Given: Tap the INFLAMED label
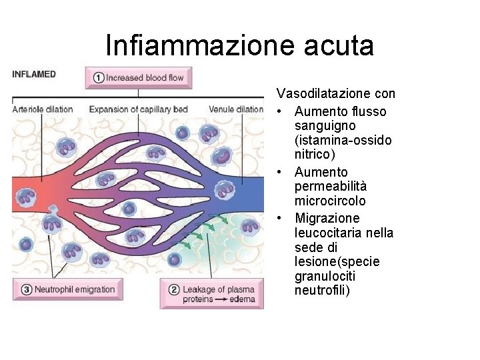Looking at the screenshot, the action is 34,74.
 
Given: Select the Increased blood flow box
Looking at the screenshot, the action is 139,77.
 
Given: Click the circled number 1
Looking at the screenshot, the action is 97,77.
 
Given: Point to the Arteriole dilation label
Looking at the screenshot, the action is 43,109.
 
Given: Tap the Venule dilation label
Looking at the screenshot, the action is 236,109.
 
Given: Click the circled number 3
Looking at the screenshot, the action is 26,289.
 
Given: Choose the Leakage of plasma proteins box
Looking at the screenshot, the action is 211,294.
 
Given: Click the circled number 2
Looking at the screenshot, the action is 173,289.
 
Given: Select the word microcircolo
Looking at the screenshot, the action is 330,201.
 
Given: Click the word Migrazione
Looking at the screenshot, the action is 327,219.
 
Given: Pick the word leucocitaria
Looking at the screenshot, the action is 327,233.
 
